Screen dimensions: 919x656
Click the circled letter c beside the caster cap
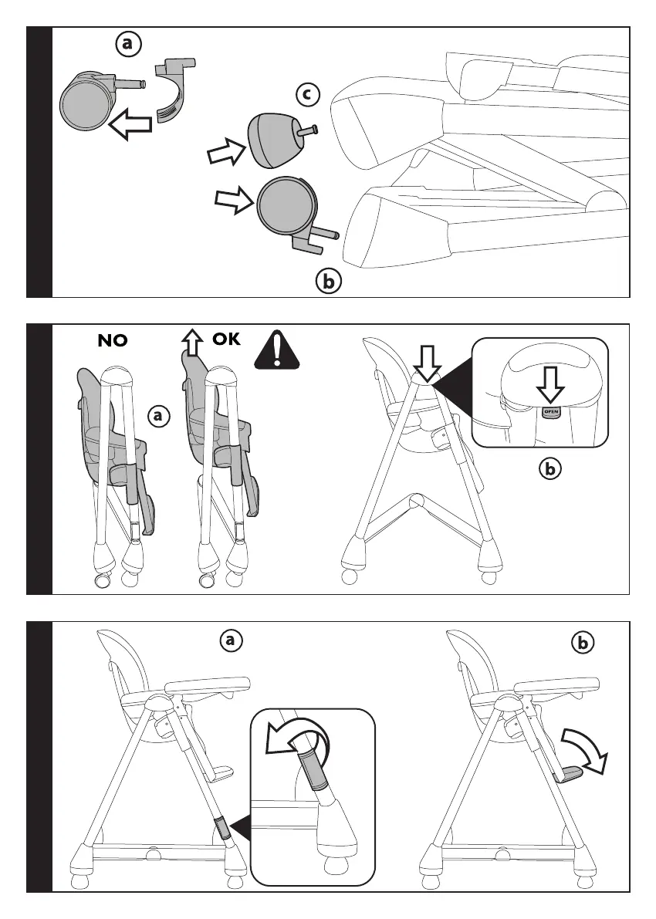pyautogui.click(x=307, y=95)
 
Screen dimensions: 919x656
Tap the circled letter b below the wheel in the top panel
pyautogui.click(x=328, y=282)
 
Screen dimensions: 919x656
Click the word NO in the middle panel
pyautogui.click(x=113, y=341)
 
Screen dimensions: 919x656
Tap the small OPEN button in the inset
pyautogui.click(x=551, y=411)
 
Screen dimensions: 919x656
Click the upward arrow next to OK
pyautogui.click(x=190, y=340)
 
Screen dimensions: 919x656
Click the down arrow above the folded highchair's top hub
pyautogui.click(x=426, y=359)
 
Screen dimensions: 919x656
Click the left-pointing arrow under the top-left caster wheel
pyautogui.click(x=129, y=123)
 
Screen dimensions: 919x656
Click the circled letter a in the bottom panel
pyautogui.click(x=230, y=640)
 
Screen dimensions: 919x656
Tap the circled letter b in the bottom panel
pyautogui.click(x=585, y=641)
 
